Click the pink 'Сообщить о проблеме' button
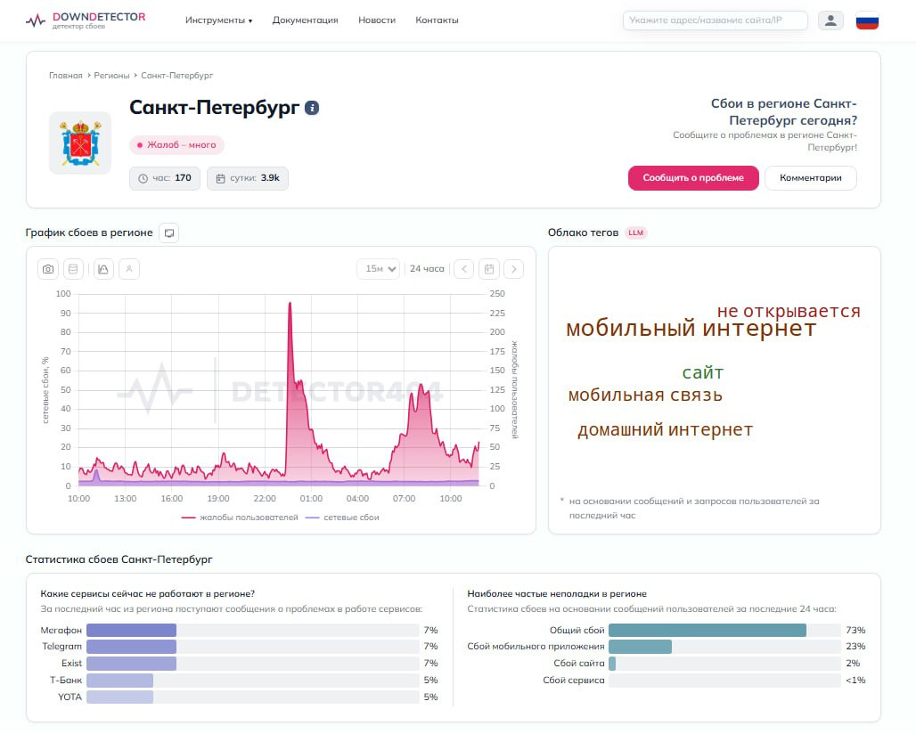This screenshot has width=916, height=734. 693,178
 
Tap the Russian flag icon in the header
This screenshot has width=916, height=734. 867,21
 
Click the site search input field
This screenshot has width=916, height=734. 715,20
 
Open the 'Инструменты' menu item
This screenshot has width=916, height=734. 218,20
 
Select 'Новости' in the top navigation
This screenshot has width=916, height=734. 377,20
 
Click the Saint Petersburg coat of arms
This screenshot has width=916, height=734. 80,143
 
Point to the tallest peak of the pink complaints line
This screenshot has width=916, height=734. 290,303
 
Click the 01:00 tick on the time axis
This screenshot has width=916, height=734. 311,499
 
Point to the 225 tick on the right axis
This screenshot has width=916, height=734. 497,313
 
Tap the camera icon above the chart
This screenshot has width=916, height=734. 48,269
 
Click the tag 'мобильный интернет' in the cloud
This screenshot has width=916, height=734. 691,329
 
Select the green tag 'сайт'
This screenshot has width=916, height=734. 703,372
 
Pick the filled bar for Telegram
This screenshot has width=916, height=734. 132,647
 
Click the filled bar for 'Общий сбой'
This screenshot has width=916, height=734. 707,630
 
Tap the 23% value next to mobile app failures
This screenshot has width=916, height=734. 855,647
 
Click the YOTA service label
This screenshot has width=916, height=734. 70,697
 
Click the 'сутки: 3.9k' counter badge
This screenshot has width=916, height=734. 248,178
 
